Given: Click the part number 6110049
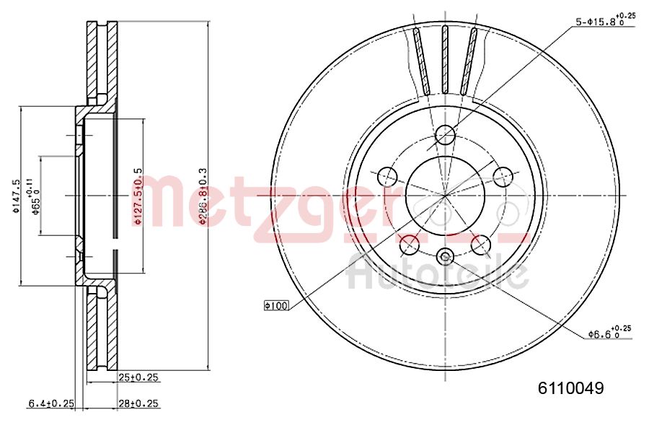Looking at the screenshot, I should click(570, 388).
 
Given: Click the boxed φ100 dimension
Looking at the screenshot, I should click(276, 306).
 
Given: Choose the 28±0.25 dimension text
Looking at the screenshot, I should click(138, 404).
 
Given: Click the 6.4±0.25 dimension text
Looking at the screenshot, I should click(51, 404).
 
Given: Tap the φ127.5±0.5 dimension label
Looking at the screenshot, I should click(138, 196).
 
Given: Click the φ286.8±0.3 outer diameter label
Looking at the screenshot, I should click(203, 196).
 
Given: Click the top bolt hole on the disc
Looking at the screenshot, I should click(446, 134).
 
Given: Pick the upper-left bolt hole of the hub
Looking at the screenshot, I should click(388, 176).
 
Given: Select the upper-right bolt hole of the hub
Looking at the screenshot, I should click(503, 176).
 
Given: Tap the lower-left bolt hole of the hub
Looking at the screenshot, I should click(410, 245).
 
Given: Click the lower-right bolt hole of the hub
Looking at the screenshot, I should click(481, 245).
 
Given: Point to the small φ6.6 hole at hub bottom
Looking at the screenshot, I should click(446, 255).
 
